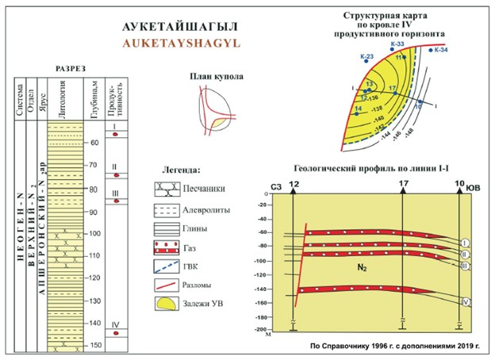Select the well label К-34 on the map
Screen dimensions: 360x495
[442, 51]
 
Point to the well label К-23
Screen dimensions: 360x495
[366, 56]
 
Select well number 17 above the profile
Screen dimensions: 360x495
[404, 185]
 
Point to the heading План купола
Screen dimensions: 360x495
[217, 77]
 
